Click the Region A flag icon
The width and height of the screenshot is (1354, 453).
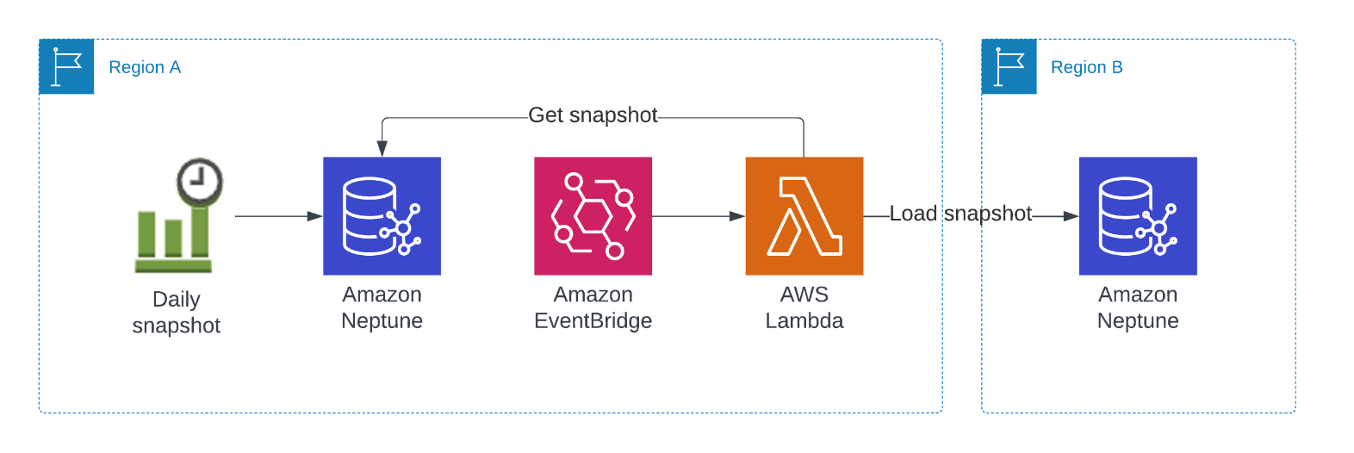tap(66, 66)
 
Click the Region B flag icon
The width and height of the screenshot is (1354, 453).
tap(1009, 66)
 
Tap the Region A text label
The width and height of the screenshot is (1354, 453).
tap(145, 67)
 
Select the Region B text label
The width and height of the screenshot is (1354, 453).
tap(1086, 67)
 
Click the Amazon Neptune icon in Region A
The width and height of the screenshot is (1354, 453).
tap(382, 216)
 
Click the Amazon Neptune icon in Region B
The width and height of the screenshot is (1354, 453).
tap(1138, 216)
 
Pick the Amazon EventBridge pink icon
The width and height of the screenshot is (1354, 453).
tap(593, 216)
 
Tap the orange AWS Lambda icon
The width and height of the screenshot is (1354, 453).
tap(804, 216)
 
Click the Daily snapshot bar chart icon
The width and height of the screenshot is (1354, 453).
tap(173, 237)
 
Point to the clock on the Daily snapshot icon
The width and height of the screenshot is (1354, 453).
tap(200, 181)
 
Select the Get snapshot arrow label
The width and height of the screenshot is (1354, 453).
tap(593, 115)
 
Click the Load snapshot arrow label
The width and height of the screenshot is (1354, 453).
tap(960, 214)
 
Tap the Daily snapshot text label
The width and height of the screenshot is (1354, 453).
tap(177, 313)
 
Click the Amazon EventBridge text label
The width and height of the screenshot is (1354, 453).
tap(593, 307)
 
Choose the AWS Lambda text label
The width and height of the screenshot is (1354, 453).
tap(804, 307)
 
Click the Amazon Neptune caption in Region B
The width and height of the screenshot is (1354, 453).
tap(1138, 307)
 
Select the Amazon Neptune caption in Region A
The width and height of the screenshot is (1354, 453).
tap(382, 307)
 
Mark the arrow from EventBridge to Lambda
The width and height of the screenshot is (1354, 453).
tap(698, 216)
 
